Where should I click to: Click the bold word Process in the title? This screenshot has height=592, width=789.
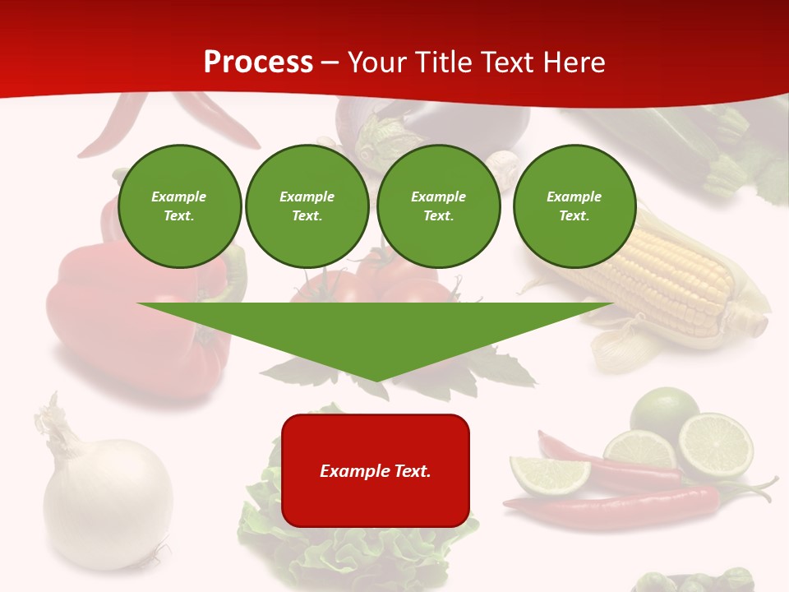(258, 62)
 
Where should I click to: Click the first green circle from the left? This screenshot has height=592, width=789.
(180, 206)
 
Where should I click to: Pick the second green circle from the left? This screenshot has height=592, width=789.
(307, 206)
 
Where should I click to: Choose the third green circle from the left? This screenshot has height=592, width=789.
(439, 206)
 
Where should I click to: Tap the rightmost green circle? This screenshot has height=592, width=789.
(574, 206)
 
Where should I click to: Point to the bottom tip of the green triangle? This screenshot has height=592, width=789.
(376, 380)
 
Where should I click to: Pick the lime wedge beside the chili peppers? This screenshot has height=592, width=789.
(548, 474)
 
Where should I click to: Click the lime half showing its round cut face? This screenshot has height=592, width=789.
(716, 446)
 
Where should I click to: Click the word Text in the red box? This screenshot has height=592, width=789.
(408, 471)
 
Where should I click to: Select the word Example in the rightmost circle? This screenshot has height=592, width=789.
(574, 197)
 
